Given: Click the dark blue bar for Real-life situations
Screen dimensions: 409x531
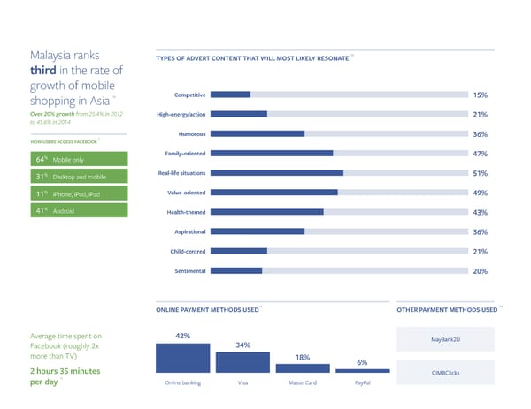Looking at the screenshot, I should (x=277, y=173).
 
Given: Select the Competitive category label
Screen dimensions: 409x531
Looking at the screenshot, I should (x=190, y=95).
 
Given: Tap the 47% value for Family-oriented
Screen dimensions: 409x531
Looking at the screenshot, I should (x=481, y=154).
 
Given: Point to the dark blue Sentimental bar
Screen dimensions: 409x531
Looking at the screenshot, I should (x=236, y=270).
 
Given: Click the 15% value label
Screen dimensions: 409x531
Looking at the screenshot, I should (x=481, y=95).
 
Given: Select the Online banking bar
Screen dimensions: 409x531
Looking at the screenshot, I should (x=183, y=357).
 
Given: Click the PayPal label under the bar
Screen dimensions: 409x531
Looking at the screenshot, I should (x=362, y=384).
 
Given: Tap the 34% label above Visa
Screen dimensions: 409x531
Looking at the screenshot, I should (x=242, y=345).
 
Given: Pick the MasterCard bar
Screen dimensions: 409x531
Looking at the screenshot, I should (x=302, y=367).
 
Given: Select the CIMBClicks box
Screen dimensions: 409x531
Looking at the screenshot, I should (x=451, y=373).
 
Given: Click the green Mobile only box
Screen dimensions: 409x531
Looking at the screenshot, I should (x=80, y=160).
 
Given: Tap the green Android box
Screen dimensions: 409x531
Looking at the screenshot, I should (x=80, y=211).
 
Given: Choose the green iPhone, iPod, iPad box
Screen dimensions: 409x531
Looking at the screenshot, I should (x=80, y=193).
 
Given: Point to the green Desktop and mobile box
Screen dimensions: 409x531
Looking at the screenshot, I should (x=80, y=177).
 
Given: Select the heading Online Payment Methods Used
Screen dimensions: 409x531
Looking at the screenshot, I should (x=207, y=310).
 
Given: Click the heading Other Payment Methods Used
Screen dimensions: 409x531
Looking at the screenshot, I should (x=447, y=310).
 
